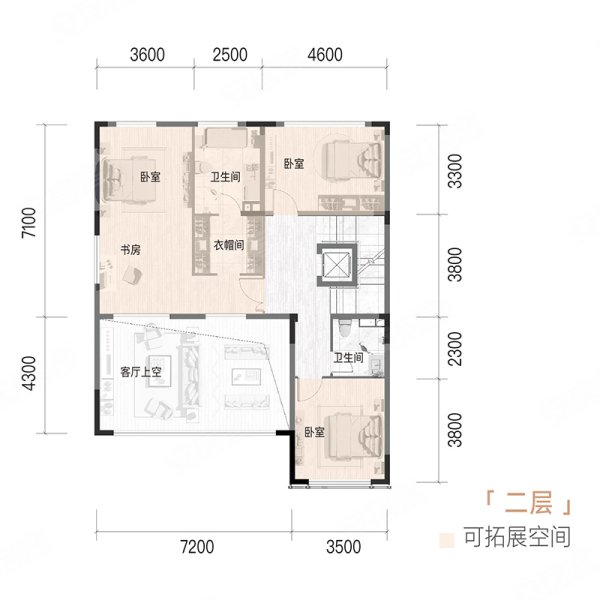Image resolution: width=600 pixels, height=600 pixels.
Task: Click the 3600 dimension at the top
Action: pyautogui.click(x=147, y=55)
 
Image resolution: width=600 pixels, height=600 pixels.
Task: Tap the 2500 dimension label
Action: pyautogui.click(x=230, y=55)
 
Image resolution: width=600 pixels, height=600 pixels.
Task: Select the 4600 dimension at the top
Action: pyautogui.click(x=325, y=55)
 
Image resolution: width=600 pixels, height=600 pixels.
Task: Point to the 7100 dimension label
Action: pyautogui.click(x=29, y=223)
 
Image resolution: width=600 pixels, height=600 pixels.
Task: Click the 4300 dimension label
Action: pyautogui.click(x=29, y=373)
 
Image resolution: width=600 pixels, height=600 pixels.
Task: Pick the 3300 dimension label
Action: pyautogui.click(x=455, y=171)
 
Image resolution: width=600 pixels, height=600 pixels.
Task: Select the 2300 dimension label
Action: pyautogui.click(x=455, y=349)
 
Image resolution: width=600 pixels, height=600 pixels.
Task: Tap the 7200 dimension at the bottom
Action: pyautogui.click(x=197, y=547)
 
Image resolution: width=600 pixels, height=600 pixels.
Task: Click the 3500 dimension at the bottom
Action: pyautogui.click(x=344, y=547)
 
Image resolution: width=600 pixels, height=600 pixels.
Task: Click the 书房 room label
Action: pyautogui.click(x=130, y=250)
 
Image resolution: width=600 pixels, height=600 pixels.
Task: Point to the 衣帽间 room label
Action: pyautogui.click(x=228, y=245)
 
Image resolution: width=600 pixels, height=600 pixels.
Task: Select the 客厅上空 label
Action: pyautogui.click(x=141, y=372)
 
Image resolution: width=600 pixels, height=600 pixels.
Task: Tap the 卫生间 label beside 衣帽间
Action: pyautogui.click(x=225, y=177)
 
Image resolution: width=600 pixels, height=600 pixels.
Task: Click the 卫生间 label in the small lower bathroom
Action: pyautogui.click(x=348, y=358)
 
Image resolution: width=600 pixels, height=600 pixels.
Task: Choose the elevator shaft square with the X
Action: pyautogui.click(x=337, y=264)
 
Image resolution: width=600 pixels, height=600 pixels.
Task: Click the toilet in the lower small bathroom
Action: pyautogui.click(x=345, y=327)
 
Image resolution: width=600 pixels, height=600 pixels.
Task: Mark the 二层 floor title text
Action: pyautogui.click(x=528, y=502)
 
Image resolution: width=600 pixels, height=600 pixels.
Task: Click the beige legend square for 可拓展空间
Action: pyautogui.click(x=446, y=540)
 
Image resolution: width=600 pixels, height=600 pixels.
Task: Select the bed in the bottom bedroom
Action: pyautogui.click(x=354, y=436)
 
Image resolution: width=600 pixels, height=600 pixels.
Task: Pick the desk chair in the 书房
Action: pyautogui.click(x=132, y=275)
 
